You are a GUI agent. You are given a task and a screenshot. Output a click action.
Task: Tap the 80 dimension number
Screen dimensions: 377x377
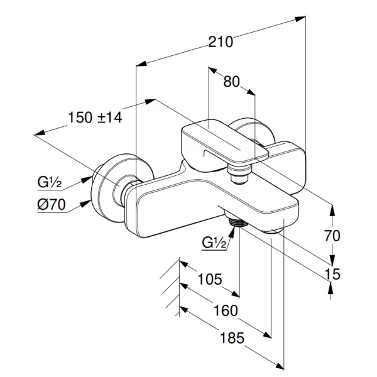point(232,81)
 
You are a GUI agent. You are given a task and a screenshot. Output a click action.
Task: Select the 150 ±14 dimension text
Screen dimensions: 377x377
point(95,117)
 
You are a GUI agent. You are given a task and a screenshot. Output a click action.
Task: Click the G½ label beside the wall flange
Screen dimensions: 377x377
point(48,182)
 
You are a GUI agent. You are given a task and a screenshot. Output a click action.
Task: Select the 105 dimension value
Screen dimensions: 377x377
point(209,279)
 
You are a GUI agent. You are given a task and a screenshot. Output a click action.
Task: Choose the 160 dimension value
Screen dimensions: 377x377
point(226,310)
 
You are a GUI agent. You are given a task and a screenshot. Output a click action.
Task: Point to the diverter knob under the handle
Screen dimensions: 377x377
point(238,172)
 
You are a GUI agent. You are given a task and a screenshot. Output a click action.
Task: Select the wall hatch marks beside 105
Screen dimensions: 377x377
point(170,289)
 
